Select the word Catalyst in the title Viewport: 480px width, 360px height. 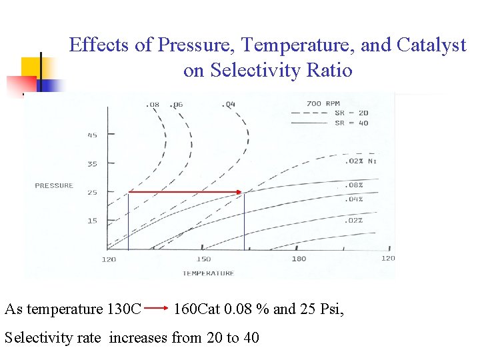[431, 45]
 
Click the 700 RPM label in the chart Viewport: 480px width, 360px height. [323, 103]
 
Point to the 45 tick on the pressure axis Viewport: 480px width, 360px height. [92, 135]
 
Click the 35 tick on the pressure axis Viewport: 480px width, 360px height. [92, 163]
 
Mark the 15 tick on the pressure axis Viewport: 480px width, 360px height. [92, 221]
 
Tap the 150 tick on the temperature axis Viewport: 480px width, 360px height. [203, 259]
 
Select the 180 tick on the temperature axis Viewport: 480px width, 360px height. [298, 259]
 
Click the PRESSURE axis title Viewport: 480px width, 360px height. [54, 185]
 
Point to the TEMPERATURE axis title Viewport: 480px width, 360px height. [208, 273]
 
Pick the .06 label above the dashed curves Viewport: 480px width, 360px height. [176, 104]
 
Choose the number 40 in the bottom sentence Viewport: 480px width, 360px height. [251, 337]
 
